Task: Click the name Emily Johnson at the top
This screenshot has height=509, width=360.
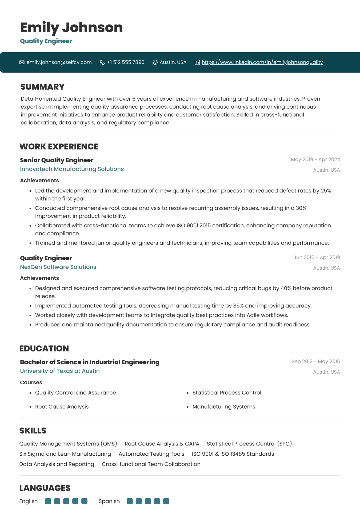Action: [x=71, y=27]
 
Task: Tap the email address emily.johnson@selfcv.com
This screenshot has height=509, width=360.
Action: [x=59, y=62]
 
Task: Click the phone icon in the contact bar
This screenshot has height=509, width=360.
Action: [x=102, y=62]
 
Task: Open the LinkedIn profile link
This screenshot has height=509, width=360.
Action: [x=262, y=62]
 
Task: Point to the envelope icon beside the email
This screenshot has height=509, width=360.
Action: [x=22, y=62]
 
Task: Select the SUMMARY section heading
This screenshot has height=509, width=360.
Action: [x=42, y=87]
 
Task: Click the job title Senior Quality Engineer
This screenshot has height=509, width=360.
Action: [x=57, y=160]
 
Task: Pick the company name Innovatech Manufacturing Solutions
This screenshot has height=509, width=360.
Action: [x=72, y=169]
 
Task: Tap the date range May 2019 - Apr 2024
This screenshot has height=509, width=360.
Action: [x=315, y=159]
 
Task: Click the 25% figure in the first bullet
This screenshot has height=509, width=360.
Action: [x=326, y=191]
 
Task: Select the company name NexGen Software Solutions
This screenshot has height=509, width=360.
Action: [x=58, y=267]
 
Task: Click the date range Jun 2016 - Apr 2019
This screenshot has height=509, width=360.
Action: [x=317, y=257]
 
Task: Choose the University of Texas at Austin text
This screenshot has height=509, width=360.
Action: [x=60, y=371]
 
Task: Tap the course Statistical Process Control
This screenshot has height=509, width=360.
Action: [x=227, y=393]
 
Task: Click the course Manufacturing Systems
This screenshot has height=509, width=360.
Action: [x=224, y=407]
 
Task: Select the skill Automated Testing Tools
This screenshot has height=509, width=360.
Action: [x=151, y=454]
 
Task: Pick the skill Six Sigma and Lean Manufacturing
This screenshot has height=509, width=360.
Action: [x=65, y=454]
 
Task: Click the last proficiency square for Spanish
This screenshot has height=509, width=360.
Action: [x=166, y=501]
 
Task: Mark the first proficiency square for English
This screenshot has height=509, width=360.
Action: [x=48, y=501]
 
